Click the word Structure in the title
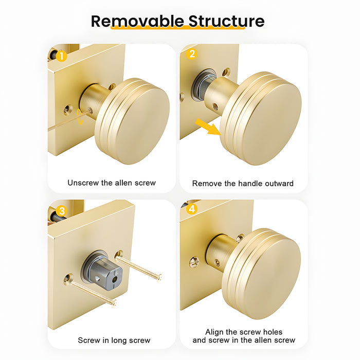tap(226, 21)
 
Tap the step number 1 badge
tap(61, 56)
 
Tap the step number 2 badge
tap(192, 54)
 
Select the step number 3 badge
tap(61, 211)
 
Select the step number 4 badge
tap(192, 209)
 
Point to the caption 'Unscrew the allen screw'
tap(112, 183)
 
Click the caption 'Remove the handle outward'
tap(243, 183)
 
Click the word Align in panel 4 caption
tap(215, 332)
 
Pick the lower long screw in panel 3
tap(93, 293)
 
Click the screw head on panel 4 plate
tap(194, 263)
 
